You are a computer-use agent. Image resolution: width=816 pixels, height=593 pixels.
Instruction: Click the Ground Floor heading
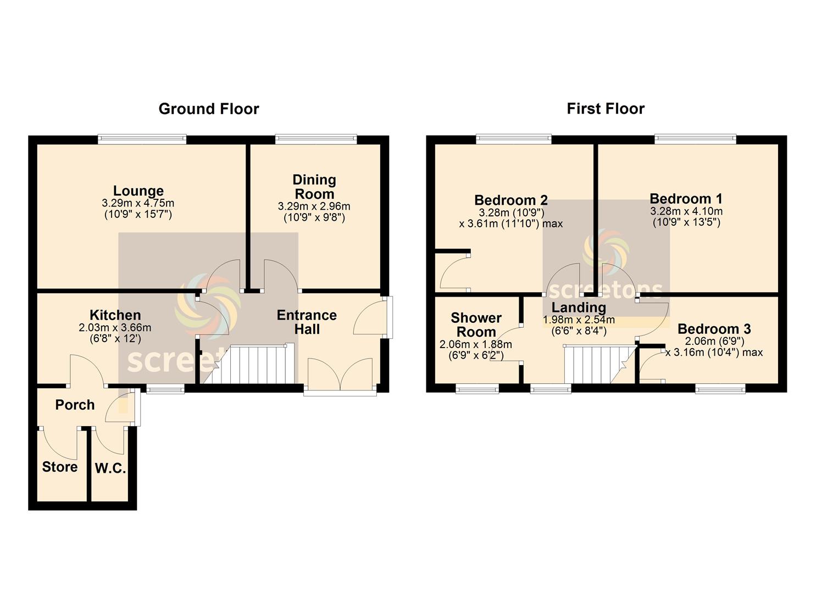pyautogui.click(x=209, y=109)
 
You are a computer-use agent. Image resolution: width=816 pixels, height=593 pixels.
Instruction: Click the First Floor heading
pyautogui.click(x=606, y=109)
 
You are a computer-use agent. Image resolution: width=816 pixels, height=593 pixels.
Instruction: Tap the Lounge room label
pyautogui.click(x=138, y=191)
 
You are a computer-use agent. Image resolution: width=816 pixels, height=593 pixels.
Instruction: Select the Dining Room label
pyautogui.click(x=314, y=187)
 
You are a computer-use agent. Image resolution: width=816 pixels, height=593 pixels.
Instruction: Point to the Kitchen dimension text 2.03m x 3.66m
pyautogui.click(x=115, y=328)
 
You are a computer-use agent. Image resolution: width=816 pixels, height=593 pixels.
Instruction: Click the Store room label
pyautogui.click(x=60, y=467)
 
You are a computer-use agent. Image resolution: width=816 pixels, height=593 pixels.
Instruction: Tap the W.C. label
pyautogui.click(x=110, y=468)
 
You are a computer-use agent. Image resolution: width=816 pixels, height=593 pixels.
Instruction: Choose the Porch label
pyautogui.click(x=75, y=405)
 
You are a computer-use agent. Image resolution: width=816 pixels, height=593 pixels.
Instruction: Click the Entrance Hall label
pyautogui.click(x=307, y=322)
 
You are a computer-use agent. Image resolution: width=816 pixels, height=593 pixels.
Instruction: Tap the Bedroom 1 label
pyautogui.click(x=686, y=199)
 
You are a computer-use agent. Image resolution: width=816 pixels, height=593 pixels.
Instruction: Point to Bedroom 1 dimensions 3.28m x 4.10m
pyautogui.click(x=686, y=211)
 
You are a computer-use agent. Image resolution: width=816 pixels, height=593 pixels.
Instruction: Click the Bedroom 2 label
pyautogui.click(x=511, y=200)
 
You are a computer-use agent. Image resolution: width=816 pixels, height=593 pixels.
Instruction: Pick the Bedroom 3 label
pyautogui.click(x=714, y=329)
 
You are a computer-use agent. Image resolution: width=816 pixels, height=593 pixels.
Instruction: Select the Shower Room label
pyautogui.click(x=476, y=325)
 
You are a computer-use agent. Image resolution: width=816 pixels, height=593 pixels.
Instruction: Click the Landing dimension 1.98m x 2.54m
pyautogui.click(x=579, y=320)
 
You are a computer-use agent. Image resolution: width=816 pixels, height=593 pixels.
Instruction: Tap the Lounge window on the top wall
pyautogui.click(x=142, y=139)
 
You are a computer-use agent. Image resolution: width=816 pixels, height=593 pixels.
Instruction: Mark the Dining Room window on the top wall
pyautogui.click(x=316, y=139)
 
